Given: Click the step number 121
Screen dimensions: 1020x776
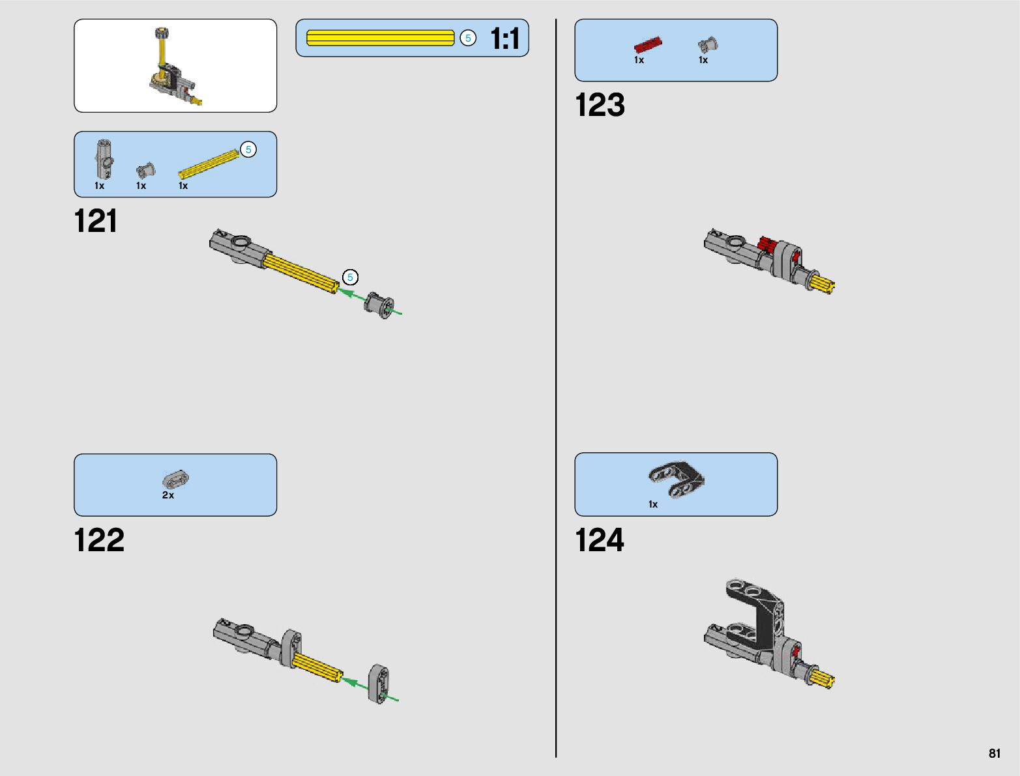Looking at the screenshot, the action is point(96,221).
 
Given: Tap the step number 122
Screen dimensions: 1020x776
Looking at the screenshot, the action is point(99,540).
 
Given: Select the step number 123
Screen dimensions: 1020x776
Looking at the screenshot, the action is point(600,105).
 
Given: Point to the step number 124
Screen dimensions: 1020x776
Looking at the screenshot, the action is point(600,540).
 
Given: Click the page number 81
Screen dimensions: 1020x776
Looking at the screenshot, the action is point(994,753).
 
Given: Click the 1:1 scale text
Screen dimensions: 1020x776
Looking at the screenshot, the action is point(505,38).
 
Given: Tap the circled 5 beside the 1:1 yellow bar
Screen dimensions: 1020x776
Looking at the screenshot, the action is point(468,38).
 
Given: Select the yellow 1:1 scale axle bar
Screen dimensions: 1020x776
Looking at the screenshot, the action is point(380,38).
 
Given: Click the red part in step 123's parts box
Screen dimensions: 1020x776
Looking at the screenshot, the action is point(648,45).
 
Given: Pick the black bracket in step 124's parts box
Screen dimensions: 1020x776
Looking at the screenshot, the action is point(677,479).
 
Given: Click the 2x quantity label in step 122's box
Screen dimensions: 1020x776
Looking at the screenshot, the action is point(168,495).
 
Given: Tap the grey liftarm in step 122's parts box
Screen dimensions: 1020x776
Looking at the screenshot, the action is point(175,480).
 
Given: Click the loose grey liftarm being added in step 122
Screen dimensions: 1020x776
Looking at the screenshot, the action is point(379,684).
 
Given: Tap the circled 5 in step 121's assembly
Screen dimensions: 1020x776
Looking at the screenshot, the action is point(350,278).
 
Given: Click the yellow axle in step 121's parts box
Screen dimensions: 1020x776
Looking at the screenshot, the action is point(209,164).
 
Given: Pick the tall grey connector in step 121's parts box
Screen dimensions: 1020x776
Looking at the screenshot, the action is point(104,158).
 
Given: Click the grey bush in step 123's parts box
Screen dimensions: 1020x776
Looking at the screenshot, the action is point(708,45).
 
